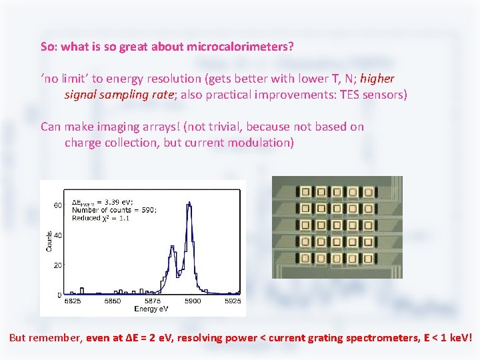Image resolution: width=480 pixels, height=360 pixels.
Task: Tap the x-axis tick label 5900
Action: coord(193,301)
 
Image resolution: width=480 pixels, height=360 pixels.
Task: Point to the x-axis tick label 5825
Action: coord(72,301)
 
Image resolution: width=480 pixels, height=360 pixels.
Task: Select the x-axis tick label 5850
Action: coord(112,301)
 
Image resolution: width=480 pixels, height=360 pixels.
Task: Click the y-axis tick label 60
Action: coord(58,205)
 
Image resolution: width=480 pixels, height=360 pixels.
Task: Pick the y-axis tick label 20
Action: coord(58,265)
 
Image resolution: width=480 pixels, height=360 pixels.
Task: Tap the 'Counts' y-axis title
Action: coord(49,241)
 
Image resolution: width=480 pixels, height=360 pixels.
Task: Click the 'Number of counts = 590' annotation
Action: coord(114,210)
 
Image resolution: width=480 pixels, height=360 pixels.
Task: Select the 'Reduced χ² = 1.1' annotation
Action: coord(101,218)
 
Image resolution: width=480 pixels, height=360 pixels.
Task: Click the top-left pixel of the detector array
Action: coord(306,192)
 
